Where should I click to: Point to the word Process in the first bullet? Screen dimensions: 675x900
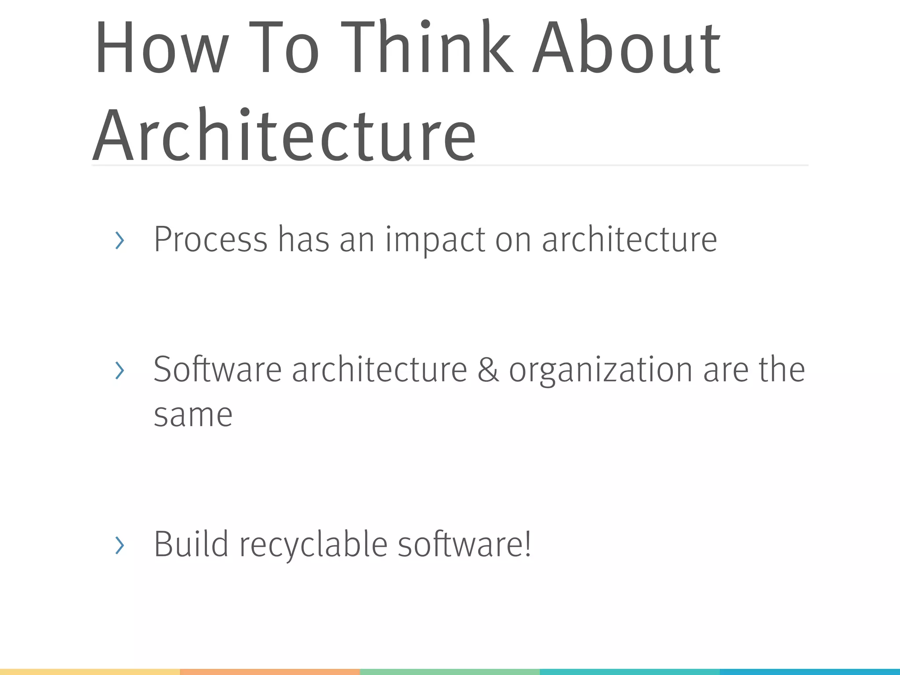click(x=210, y=240)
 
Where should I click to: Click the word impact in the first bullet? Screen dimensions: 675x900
click(x=435, y=241)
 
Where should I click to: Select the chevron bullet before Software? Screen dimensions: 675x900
click(x=119, y=370)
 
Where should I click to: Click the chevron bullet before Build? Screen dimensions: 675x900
click(x=119, y=545)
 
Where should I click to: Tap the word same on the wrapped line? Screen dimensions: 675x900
click(x=193, y=415)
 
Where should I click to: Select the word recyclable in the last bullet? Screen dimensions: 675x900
click(x=313, y=545)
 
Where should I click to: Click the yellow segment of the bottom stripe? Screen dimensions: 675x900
click(x=90, y=672)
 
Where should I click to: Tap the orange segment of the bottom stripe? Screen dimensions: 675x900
click(x=270, y=672)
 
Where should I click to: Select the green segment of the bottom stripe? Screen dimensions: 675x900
click(x=450, y=672)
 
